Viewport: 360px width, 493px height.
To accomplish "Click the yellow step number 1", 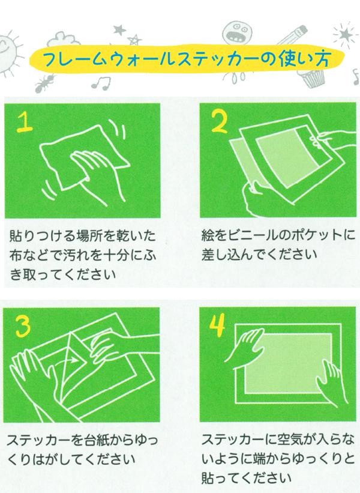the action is pos(25,122).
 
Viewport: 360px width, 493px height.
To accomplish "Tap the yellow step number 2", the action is pos(220,122).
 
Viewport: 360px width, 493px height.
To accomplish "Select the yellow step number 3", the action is pos(23,326).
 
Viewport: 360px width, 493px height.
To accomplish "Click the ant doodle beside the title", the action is pos(43,83).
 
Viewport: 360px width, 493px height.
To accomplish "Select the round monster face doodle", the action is pos(237,32).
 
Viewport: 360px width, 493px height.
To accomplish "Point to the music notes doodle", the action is pos(101,83).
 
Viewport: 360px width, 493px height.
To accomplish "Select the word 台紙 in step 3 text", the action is pos(91,440).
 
